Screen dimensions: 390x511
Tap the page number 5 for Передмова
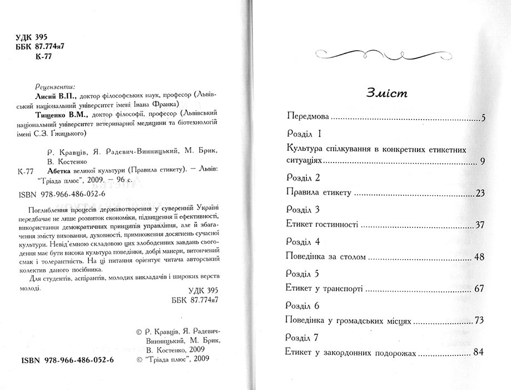(x=484, y=118)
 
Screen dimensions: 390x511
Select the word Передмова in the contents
(x=306, y=118)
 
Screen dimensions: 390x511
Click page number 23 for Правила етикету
(x=482, y=193)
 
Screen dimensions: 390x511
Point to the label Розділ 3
(x=301, y=209)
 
